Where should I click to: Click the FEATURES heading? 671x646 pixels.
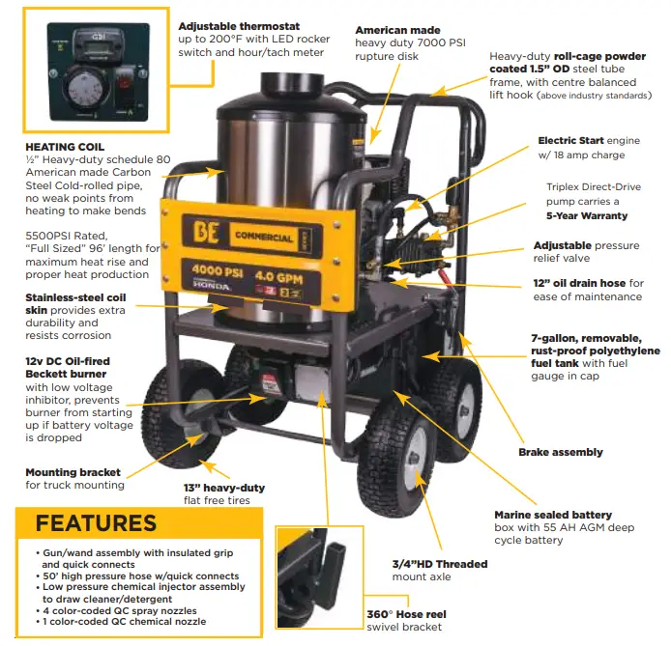(96, 523)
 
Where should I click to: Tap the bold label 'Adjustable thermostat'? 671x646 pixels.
(239, 25)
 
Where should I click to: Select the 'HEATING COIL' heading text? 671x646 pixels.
(65, 147)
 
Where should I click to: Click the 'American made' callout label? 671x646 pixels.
(397, 31)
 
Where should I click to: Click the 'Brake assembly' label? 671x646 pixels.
(560, 452)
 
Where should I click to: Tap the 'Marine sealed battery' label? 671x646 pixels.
(554, 515)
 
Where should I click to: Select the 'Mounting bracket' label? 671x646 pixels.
(73, 472)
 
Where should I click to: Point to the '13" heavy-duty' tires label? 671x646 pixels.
(223, 488)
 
